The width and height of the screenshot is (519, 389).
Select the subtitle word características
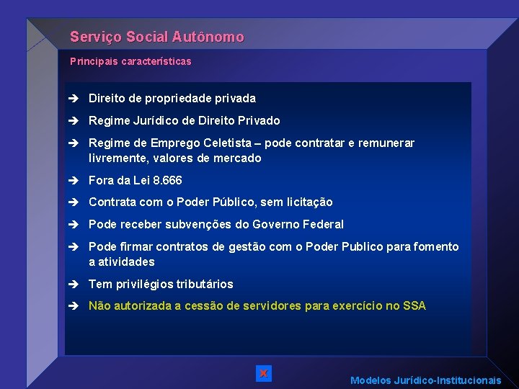point(156,62)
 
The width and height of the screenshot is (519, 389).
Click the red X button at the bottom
point(264,373)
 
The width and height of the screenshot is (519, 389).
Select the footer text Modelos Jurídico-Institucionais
point(425,380)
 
